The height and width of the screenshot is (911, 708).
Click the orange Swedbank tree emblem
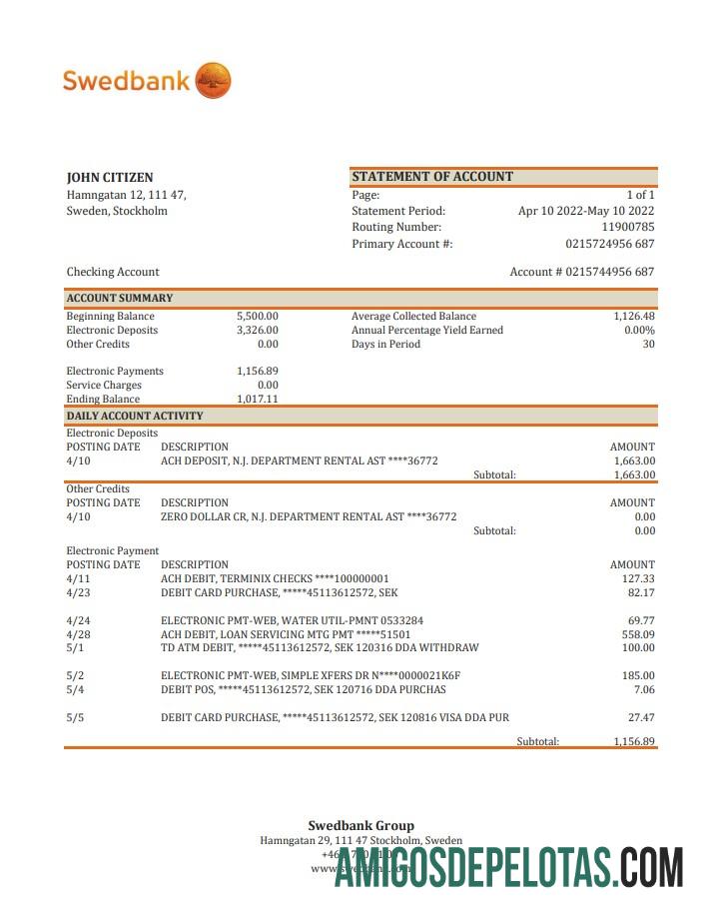pyautogui.click(x=213, y=80)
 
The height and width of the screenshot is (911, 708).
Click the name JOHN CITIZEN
pyautogui.click(x=110, y=178)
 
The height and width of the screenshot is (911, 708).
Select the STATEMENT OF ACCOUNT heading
pyautogui.click(x=432, y=177)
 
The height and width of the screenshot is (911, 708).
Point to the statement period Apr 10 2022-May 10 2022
pyautogui.click(x=586, y=211)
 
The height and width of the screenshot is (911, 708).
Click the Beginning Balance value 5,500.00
pyautogui.click(x=258, y=317)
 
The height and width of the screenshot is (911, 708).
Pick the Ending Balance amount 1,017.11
pyautogui.click(x=258, y=399)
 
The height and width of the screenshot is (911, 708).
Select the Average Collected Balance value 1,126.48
pyautogui.click(x=634, y=317)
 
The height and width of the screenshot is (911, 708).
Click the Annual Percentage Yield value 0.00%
pyautogui.click(x=639, y=331)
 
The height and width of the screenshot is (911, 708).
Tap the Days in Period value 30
pyautogui.click(x=648, y=345)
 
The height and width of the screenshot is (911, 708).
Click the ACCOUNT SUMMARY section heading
pyautogui.click(x=120, y=298)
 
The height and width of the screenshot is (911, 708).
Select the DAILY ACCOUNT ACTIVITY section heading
pyautogui.click(x=135, y=416)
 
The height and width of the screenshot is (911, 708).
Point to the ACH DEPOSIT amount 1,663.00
pyautogui.click(x=634, y=461)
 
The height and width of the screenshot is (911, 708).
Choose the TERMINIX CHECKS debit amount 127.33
pyautogui.click(x=638, y=578)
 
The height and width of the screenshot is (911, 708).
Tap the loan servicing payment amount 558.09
pyautogui.click(x=637, y=634)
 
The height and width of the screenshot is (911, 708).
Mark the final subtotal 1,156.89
pyautogui.click(x=634, y=741)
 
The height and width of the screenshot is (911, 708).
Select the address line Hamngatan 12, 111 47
pyautogui.click(x=126, y=195)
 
